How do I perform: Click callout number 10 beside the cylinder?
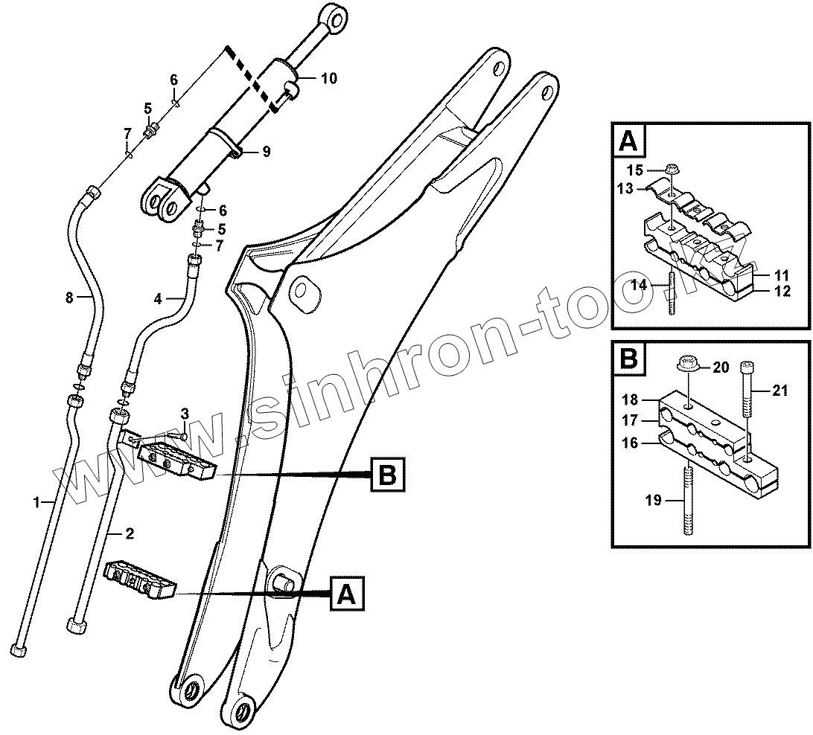(328, 77)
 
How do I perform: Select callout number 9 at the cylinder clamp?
(266, 151)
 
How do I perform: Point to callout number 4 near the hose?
(158, 299)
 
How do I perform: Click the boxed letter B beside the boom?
(387, 473)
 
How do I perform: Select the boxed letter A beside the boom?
(345, 594)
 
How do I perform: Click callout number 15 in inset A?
(632, 170)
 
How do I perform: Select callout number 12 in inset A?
(782, 292)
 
